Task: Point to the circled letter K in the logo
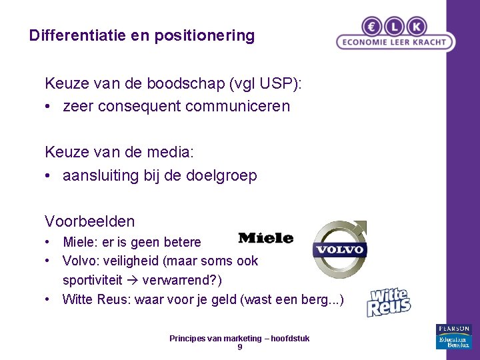(x=417, y=25)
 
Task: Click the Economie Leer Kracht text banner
(x=395, y=41)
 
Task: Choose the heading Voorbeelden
(x=89, y=221)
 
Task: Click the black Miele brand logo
(x=265, y=237)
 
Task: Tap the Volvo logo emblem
(x=339, y=249)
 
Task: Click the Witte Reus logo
(x=389, y=303)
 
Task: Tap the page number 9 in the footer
(x=240, y=347)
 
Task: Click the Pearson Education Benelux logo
(x=453, y=337)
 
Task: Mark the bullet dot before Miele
(x=49, y=242)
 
